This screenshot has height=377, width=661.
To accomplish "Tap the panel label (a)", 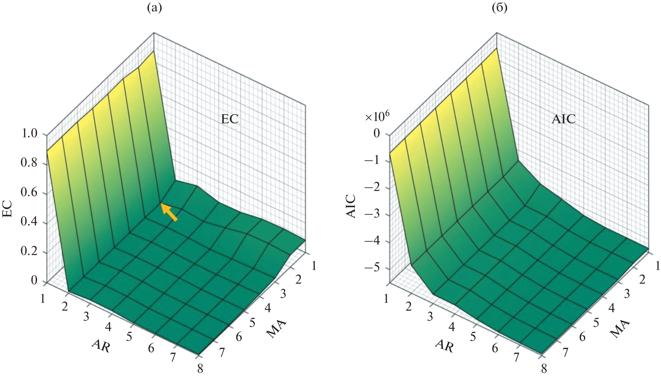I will coord(154,8).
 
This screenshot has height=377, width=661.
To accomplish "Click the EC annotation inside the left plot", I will coord(230,119).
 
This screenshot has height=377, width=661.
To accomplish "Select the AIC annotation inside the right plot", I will coord(564,119).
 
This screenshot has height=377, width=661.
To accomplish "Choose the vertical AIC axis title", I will coord(351,206).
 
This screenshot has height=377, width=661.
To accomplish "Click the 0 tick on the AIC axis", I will coord(377,133).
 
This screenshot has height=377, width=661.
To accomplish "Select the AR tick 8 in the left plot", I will coord(200,369).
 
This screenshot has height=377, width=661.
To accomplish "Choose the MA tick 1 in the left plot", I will coord(314,266).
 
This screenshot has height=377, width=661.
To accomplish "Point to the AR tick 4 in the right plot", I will coord(452,326).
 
